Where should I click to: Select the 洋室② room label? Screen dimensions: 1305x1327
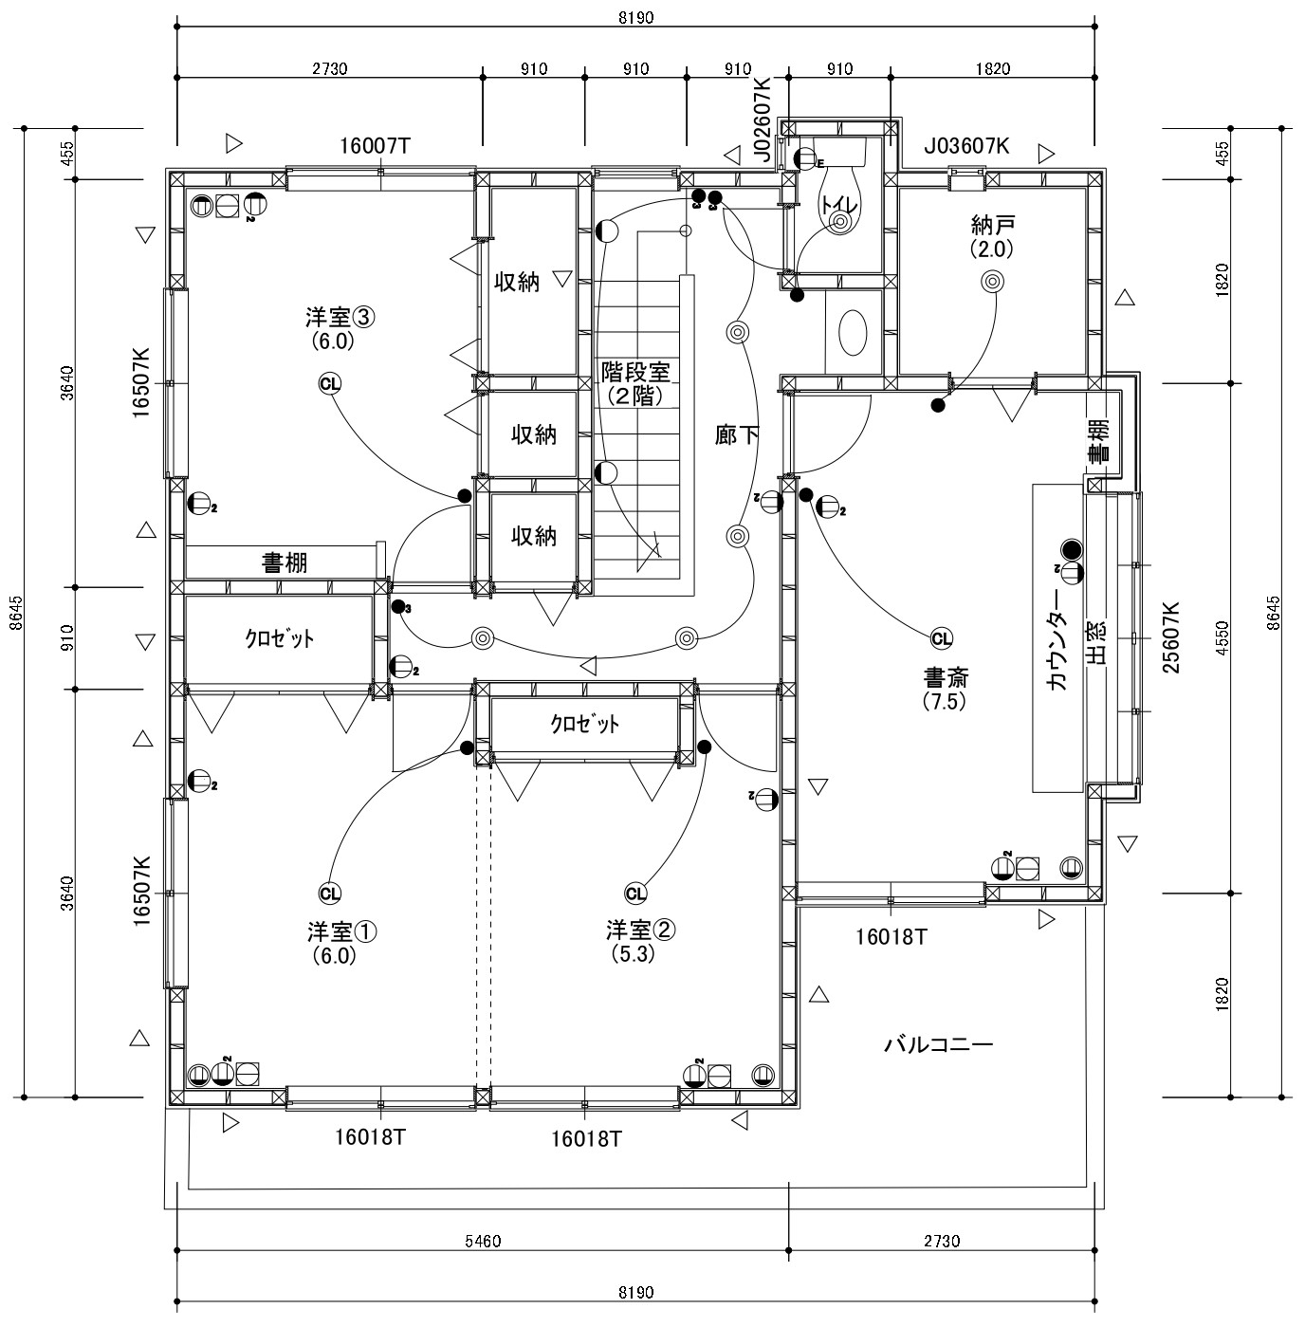click(640, 931)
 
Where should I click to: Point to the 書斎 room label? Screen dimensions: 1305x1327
click(947, 678)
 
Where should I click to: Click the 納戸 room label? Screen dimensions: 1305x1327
click(992, 225)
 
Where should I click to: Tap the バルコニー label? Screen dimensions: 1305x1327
click(938, 1044)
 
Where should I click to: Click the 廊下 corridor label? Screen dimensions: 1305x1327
click(736, 434)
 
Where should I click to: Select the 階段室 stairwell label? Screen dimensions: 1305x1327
click(635, 372)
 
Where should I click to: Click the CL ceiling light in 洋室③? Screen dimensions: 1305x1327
click(330, 383)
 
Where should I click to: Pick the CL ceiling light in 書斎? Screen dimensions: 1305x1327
click(942, 638)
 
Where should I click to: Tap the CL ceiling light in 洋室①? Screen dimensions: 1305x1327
click(330, 894)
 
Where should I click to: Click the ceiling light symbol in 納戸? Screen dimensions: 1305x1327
click(992, 281)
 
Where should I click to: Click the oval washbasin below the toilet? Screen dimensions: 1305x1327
click(853, 333)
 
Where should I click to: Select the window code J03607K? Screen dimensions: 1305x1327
click(966, 146)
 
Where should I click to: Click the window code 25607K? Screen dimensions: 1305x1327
click(1170, 637)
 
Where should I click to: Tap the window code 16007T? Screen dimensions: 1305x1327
click(375, 146)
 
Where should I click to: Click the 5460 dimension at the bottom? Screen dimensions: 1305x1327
click(483, 1241)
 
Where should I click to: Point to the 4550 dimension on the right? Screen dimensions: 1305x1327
click(1222, 637)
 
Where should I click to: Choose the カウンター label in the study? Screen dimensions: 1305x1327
click(1057, 640)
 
